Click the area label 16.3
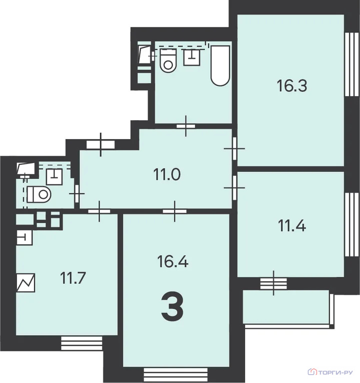click(292, 86)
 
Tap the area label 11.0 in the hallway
click(167, 175)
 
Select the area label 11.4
click(292, 225)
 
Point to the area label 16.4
click(173, 261)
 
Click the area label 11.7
click(73, 278)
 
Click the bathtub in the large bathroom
click(220, 65)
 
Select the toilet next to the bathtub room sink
click(168, 60)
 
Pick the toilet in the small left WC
click(38, 194)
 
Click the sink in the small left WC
click(54, 177)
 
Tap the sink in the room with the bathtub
click(192, 57)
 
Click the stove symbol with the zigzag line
click(25, 283)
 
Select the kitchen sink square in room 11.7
click(24, 237)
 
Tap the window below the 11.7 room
click(82, 343)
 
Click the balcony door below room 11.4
click(274, 283)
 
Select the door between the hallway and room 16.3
click(235, 149)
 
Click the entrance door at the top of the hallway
click(100, 145)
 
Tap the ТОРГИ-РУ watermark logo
click(330, 372)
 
